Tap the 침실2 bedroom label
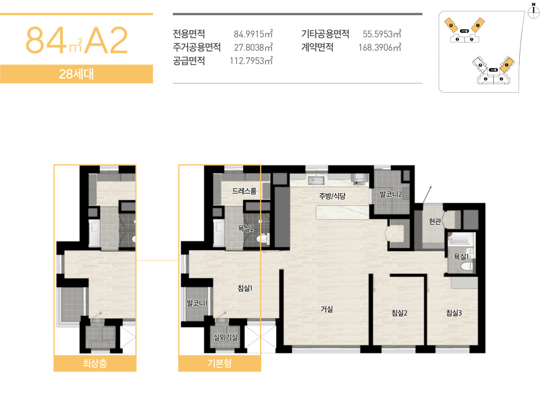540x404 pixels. [x=400, y=313]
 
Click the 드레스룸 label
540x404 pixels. [x=244, y=191]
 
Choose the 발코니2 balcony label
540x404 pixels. [x=391, y=194]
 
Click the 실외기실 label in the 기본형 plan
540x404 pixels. [x=225, y=337]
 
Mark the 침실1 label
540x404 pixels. [x=244, y=288]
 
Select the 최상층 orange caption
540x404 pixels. [x=95, y=363]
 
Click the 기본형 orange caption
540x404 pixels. [x=220, y=363]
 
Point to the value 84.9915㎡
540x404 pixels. [x=253, y=34]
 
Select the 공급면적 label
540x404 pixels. [x=189, y=61]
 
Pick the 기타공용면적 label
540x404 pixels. [x=325, y=34]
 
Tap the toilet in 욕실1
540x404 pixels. [x=467, y=267]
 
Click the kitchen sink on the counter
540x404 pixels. [x=316, y=181]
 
